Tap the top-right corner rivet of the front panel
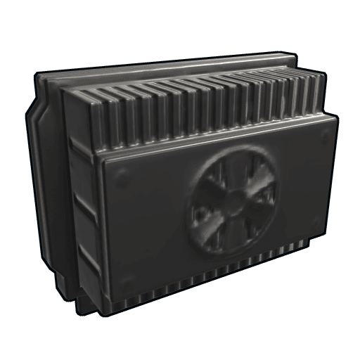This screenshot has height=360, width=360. click(x=323, y=134)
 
